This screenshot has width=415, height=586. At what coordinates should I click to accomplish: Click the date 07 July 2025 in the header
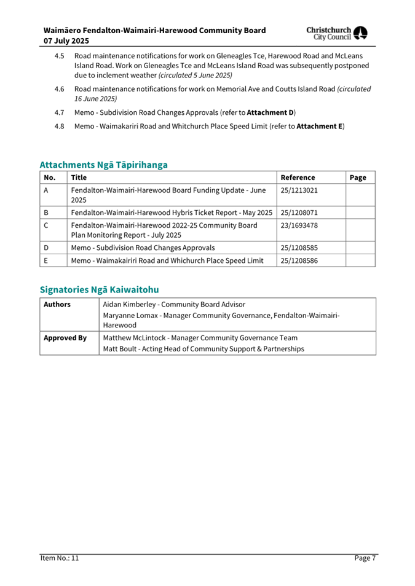66,41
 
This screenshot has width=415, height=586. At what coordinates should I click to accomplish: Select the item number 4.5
60,56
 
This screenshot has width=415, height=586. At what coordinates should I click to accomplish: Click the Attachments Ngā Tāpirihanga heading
103,165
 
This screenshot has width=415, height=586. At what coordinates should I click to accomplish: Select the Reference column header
298,178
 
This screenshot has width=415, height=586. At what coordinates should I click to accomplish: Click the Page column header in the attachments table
358,178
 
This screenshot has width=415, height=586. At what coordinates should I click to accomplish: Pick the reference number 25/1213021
299,190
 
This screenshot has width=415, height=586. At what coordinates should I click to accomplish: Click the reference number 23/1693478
299,225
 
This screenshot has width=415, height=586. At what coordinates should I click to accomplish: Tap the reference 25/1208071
299,213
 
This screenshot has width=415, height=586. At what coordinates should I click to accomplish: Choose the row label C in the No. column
47,225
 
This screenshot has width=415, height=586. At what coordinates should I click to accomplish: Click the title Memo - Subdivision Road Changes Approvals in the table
143,248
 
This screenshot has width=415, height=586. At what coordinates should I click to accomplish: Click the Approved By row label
65,337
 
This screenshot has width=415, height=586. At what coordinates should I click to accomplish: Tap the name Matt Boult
121,349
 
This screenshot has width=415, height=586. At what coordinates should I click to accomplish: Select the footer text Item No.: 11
60,558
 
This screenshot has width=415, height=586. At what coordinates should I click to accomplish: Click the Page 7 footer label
365,558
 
